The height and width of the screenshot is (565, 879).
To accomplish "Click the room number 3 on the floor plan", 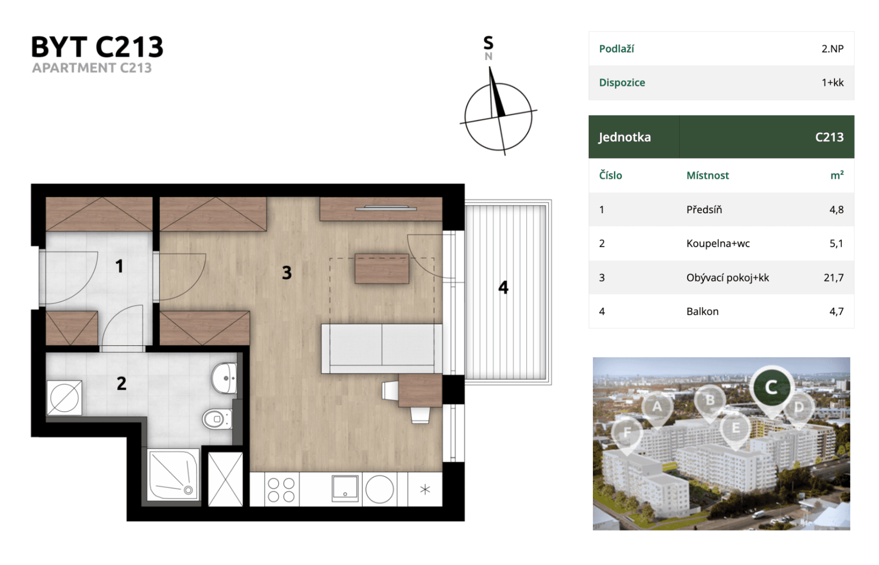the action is (x=287, y=272).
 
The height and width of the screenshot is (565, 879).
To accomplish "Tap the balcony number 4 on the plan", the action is (x=503, y=287).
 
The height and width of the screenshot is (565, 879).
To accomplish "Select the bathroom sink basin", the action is (x=225, y=378).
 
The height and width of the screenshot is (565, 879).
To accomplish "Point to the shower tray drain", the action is (x=188, y=490).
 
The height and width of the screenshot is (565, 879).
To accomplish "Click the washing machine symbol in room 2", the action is (x=64, y=398).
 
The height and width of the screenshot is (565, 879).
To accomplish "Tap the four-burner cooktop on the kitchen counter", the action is (x=281, y=489).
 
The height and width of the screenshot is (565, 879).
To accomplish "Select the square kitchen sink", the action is (x=345, y=488).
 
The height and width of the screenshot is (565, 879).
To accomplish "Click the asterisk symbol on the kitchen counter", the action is (x=425, y=489).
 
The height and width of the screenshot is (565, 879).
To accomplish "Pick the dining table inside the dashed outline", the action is (x=382, y=268).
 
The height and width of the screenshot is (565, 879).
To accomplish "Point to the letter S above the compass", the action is (x=488, y=43).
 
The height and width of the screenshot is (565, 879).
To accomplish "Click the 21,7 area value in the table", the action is (x=834, y=278).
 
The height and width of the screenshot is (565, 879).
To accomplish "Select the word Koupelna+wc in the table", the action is (x=718, y=243).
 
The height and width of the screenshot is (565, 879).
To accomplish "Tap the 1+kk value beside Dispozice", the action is (x=833, y=82).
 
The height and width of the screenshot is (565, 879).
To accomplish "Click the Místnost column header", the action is (x=708, y=175).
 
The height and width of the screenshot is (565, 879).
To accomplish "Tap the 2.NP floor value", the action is (x=833, y=49).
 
